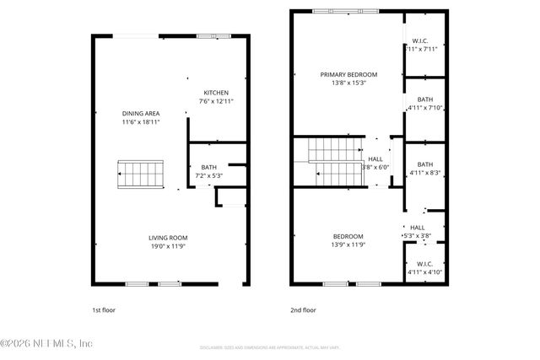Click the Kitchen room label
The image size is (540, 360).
pyautogui.click(x=216, y=92)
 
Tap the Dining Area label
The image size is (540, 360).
pyautogui.click(x=141, y=113)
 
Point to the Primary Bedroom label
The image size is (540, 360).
pyautogui.click(x=348, y=74)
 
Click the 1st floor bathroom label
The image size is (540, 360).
pyautogui.click(x=208, y=167)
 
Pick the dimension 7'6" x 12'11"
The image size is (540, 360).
pyautogui.click(x=216, y=101)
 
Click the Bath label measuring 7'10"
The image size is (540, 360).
pyautogui.click(x=424, y=99)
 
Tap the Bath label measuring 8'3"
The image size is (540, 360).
pyautogui.click(x=424, y=164)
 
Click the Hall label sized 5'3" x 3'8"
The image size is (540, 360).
pyautogui.click(x=418, y=228)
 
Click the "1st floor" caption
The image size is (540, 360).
pyautogui.click(x=104, y=309)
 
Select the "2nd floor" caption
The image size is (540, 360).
pyautogui.click(x=303, y=309)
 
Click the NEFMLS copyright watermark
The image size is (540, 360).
pyautogui.click(x=46, y=343)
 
